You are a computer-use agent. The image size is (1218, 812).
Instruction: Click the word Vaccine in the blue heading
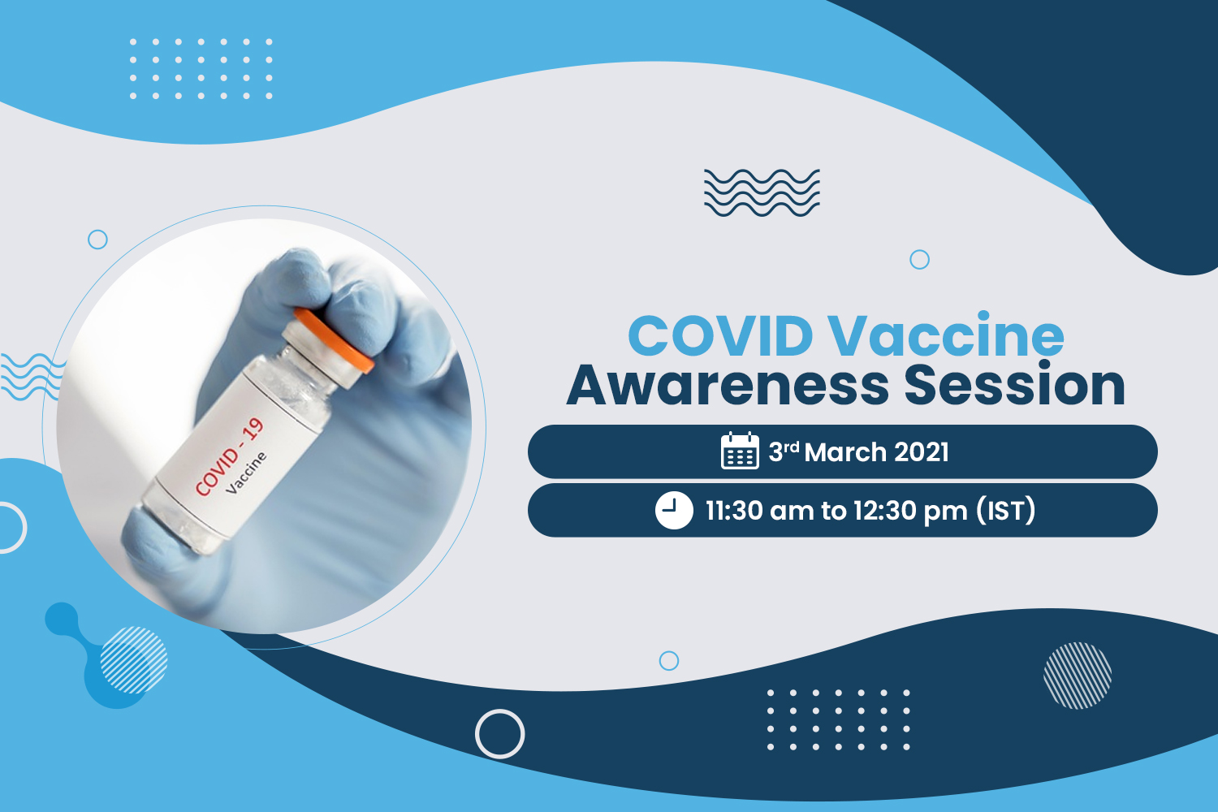947,334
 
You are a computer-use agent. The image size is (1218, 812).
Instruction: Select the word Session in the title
1015,384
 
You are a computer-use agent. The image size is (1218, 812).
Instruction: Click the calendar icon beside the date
740,451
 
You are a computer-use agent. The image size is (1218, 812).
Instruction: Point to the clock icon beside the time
674,510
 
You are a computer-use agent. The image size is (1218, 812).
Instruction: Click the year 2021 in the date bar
922,452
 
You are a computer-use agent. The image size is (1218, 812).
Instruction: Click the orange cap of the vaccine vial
334,340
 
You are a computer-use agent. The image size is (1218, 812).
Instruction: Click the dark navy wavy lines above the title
762,192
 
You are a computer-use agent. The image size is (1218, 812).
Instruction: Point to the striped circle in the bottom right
1078,676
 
